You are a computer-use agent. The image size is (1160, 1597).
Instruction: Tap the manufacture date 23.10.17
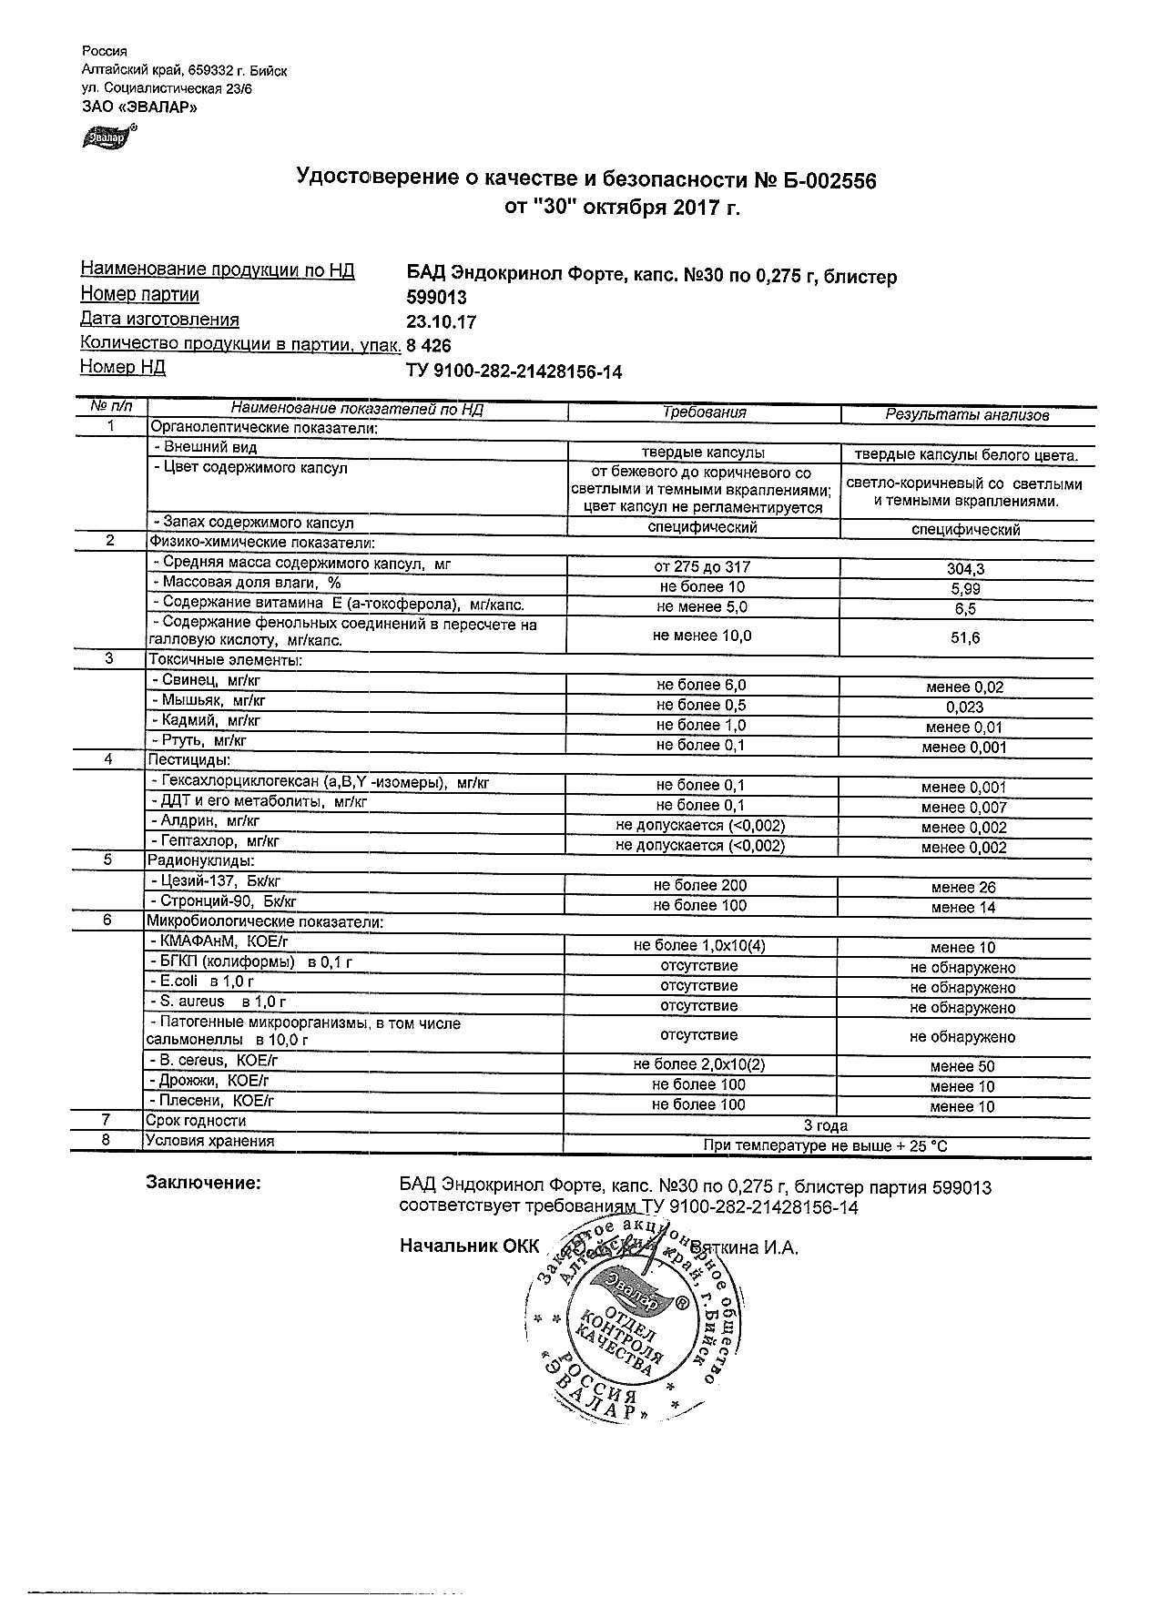pos(441,322)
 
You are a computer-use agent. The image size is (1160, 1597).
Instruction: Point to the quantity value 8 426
pos(428,346)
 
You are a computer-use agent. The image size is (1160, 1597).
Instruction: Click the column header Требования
pos(704,412)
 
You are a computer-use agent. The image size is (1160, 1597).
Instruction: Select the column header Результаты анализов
pos(967,415)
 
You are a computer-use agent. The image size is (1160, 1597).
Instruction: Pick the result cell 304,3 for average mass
pos(965,569)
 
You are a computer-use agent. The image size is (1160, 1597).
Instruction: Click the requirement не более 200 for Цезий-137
pos(700,885)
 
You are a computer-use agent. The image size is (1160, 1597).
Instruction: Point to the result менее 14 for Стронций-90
pos(963,908)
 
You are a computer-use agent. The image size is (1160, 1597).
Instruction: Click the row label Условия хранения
pos(209,1142)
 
